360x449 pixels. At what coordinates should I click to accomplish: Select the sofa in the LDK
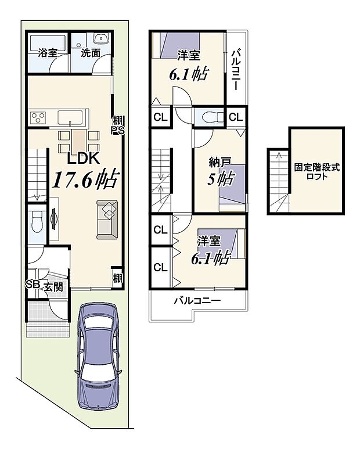pyautogui.click(x=107, y=219)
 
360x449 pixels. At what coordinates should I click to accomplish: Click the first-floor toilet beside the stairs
pyautogui.click(x=36, y=222)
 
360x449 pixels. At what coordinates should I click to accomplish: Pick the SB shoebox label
pyautogui.click(x=31, y=285)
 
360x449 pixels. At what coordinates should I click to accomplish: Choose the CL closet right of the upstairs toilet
pyautogui.click(x=235, y=117)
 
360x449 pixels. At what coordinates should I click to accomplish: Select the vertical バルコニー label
pyautogui.click(x=236, y=69)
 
